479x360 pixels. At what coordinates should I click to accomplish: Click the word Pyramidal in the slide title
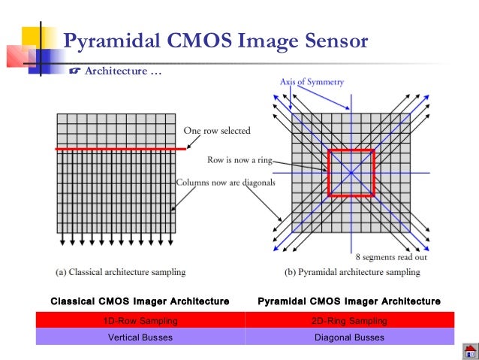click(112, 41)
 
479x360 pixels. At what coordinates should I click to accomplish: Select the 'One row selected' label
click(217, 131)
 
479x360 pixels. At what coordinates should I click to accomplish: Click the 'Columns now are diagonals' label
click(225, 182)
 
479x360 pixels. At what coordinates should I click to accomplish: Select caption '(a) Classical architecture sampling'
click(121, 271)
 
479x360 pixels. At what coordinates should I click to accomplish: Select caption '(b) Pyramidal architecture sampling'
click(350, 271)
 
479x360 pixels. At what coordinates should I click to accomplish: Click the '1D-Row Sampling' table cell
click(140, 322)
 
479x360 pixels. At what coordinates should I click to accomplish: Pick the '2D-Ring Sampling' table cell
click(349, 322)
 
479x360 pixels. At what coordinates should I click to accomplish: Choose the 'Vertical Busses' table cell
click(140, 337)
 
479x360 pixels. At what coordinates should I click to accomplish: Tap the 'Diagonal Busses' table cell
click(349, 337)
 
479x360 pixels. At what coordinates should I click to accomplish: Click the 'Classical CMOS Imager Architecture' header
click(140, 301)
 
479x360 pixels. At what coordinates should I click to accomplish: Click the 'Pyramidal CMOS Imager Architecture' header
click(349, 301)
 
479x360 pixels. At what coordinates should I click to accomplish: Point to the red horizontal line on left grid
click(120, 149)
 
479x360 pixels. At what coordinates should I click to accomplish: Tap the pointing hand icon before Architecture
click(74, 71)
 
